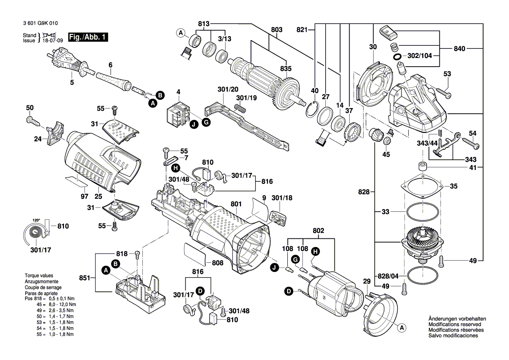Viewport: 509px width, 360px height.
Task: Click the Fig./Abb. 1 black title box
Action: tap(88, 37)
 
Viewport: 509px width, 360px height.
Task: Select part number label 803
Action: tap(276, 30)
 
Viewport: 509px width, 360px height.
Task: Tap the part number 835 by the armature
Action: tap(286, 68)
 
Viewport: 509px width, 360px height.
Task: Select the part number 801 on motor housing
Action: tap(236, 204)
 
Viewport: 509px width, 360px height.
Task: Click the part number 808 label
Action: tap(218, 263)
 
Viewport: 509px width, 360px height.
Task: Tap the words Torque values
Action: tap(39, 276)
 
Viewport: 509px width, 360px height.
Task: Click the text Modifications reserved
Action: tap(455, 325)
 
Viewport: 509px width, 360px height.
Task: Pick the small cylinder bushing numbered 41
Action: tap(422, 166)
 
